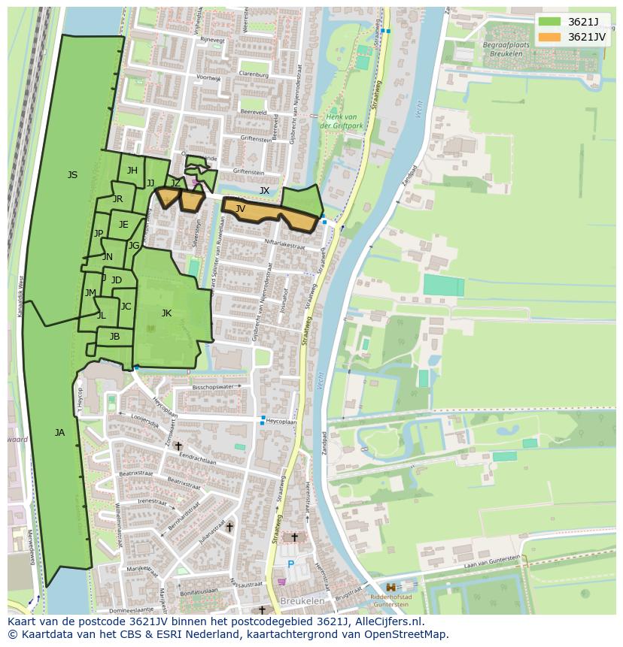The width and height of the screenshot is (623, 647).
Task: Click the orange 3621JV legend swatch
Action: coord(549,37)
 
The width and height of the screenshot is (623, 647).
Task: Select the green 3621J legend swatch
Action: coord(549,22)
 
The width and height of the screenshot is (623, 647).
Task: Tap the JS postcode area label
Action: coord(72,175)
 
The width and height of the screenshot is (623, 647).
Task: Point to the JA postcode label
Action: coord(59,432)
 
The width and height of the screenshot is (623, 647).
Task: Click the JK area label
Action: coord(166,313)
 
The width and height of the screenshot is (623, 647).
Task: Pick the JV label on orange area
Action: coord(240,209)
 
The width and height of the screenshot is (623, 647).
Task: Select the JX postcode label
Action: coord(264,191)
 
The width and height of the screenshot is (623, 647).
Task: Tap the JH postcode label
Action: coord(132,171)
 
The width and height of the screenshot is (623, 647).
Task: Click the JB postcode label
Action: coord(114,337)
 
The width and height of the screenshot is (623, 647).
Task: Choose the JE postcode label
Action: coord(123,225)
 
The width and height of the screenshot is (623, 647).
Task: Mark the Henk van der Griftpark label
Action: coord(342,121)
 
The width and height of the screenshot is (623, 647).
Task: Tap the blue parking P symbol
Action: coord(290,564)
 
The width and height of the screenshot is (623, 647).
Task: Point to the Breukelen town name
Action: coord(301,602)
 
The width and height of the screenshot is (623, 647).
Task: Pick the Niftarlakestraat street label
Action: coord(284,244)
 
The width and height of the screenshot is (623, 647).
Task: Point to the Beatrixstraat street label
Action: coord(136,473)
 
